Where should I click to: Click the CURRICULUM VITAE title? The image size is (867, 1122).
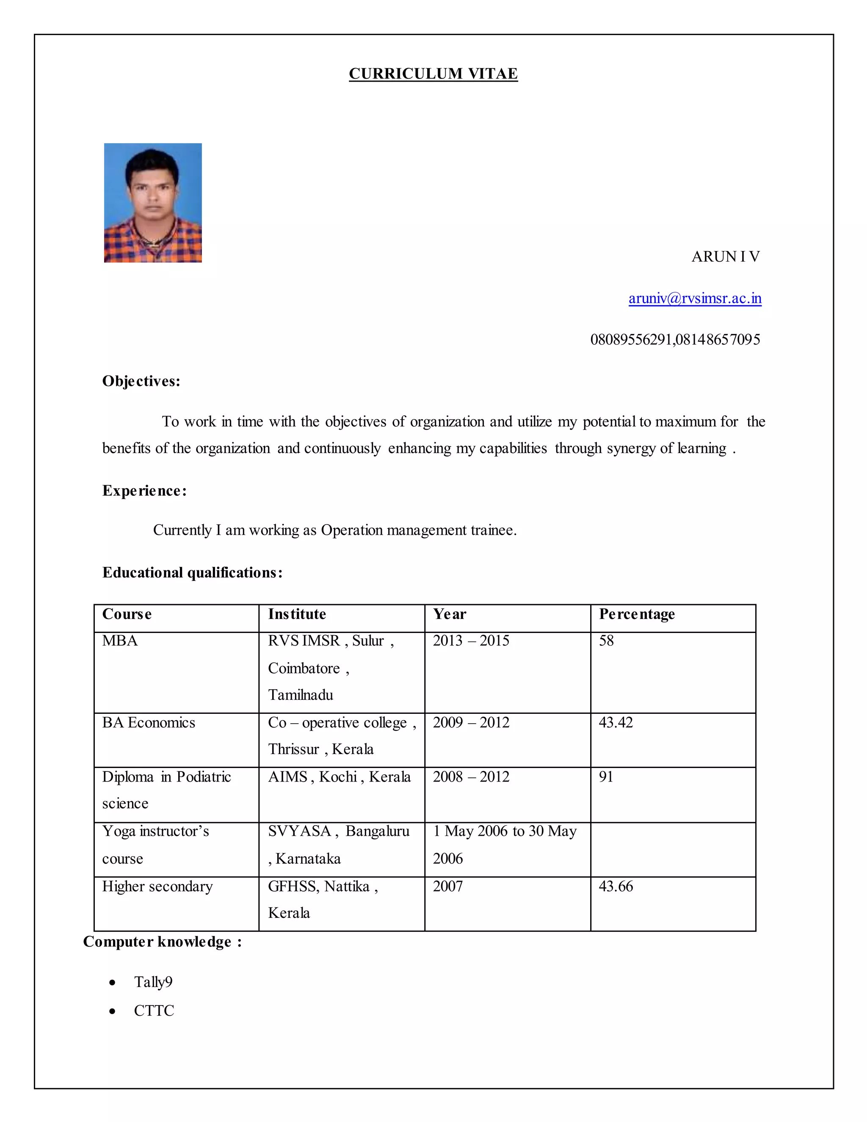point(433,74)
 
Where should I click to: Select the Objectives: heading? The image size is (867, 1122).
point(141,381)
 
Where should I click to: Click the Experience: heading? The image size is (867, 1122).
point(144,490)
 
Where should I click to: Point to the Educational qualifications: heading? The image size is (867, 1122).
point(192,572)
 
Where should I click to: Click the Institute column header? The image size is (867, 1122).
point(297,614)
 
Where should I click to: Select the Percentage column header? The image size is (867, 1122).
point(637,614)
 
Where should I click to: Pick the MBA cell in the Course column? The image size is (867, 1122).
point(120,641)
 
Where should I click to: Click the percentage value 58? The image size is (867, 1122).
point(606,641)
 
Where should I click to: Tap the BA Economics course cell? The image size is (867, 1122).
point(149,722)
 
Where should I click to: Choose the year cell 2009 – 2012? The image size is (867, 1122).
point(471,722)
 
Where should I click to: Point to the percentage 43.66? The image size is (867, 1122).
point(616,886)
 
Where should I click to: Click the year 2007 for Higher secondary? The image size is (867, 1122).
point(447,886)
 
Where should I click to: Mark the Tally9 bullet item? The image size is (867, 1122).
point(153,982)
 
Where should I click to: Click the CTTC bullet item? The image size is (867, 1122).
point(154,1011)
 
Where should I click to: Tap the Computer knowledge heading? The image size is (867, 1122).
point(162,942)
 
